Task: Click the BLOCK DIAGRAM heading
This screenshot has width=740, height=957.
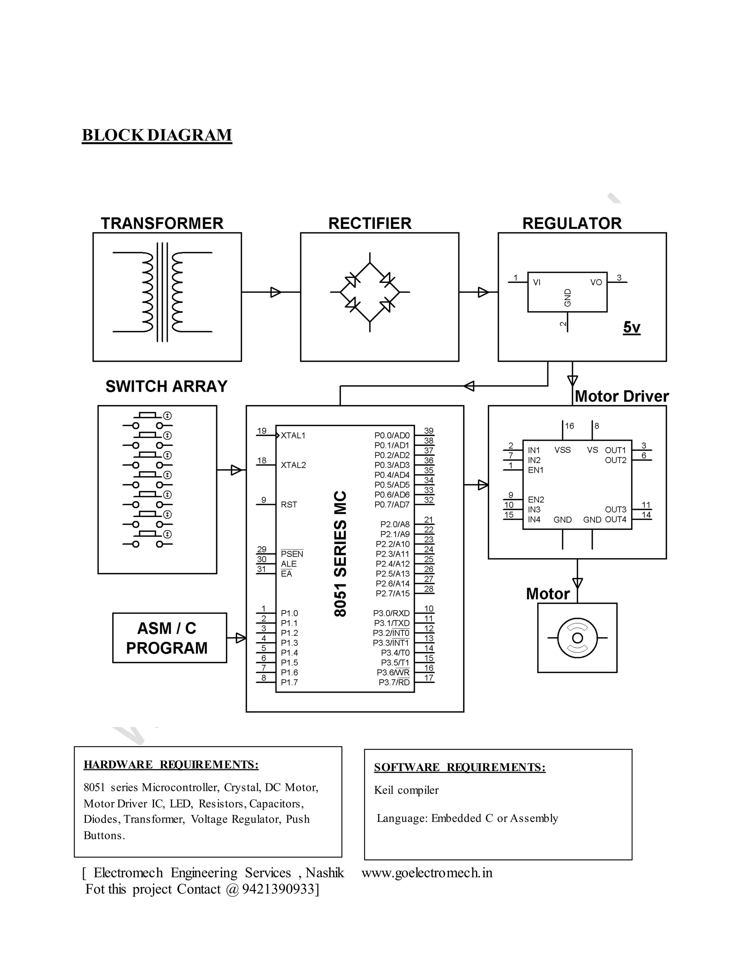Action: (156, 135)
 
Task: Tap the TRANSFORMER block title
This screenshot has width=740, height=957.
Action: (162, 224)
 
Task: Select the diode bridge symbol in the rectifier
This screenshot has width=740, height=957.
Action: (370, 292)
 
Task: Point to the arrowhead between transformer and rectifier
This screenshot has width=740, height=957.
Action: (276, 292)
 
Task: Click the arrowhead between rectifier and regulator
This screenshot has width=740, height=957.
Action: (483, 292)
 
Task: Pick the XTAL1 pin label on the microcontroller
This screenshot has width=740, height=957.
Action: (293, 436)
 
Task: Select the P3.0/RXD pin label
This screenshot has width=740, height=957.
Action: (391, 614)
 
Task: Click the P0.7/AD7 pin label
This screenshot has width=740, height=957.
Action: (391, 505)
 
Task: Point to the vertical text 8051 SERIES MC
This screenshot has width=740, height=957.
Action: (341, 554)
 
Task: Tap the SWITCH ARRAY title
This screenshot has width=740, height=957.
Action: (166, 386)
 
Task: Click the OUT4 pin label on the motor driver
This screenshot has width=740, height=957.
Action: (615, 520)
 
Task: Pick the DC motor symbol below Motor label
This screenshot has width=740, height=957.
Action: (577, 638)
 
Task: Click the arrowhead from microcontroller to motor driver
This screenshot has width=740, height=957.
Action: (483, 485)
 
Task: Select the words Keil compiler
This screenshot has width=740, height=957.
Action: (406, 790)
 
